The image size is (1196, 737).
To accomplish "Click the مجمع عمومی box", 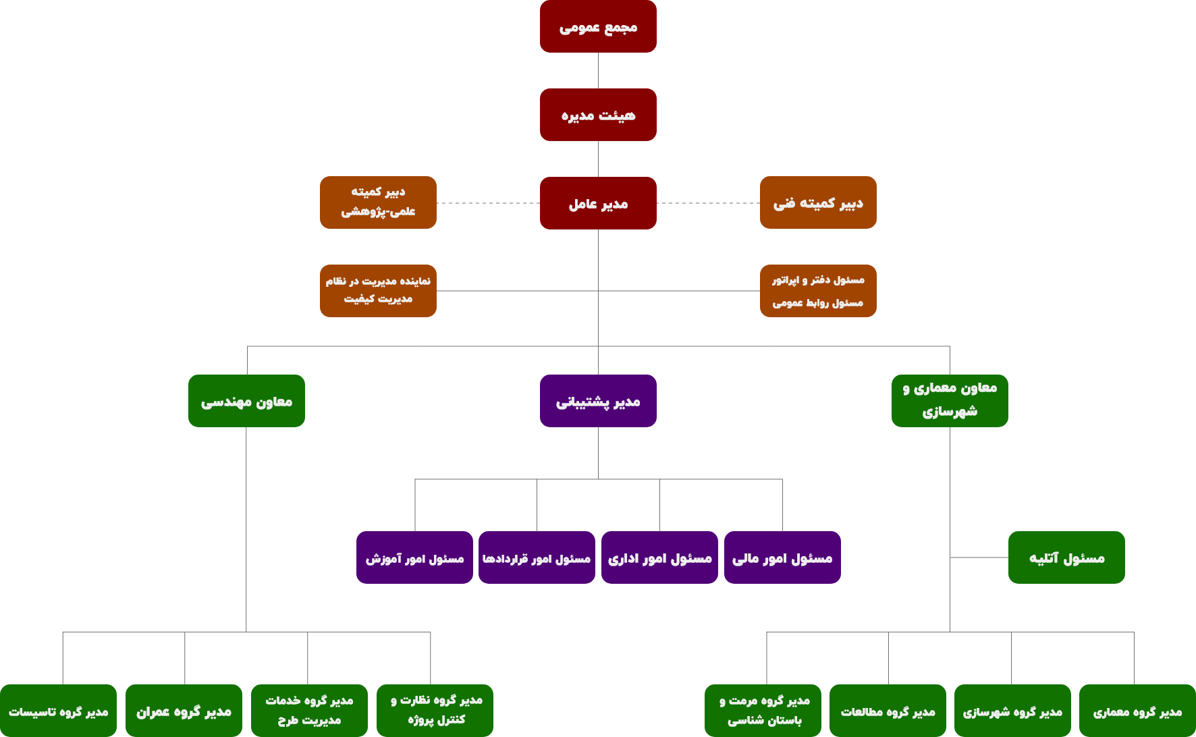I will tap(598, 26).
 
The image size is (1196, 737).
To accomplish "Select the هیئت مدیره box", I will tap(598, 115).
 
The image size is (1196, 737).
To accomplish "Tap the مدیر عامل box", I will tap(598, 203).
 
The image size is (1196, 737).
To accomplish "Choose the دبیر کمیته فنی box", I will tap(818, 202).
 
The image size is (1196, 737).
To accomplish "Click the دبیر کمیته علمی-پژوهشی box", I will tap(378, 202).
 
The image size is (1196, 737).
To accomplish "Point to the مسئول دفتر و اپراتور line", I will tap(818, 280).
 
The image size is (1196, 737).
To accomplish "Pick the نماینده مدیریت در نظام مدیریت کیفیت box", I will tap(378, 291).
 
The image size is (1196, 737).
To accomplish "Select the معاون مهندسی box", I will tap(246, 401).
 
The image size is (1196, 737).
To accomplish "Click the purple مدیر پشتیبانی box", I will tap(598, 401).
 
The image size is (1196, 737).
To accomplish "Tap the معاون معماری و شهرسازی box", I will tap(950, 401).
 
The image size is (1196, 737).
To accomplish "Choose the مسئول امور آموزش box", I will tap(414, 557).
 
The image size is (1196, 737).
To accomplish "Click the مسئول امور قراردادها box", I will tap(537, 557).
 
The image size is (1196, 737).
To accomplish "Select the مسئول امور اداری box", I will tap(659, 557).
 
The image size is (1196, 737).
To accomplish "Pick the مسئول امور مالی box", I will tap(782, 557).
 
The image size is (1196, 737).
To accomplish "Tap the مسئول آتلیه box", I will tap(1066, 557).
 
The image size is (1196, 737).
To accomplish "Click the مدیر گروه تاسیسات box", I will tap(58, 711).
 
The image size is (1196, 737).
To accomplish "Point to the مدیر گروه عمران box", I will tap(184, 711).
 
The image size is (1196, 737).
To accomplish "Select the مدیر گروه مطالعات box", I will tap(888, 711).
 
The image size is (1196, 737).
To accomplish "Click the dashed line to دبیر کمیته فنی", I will tap(708, 203).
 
